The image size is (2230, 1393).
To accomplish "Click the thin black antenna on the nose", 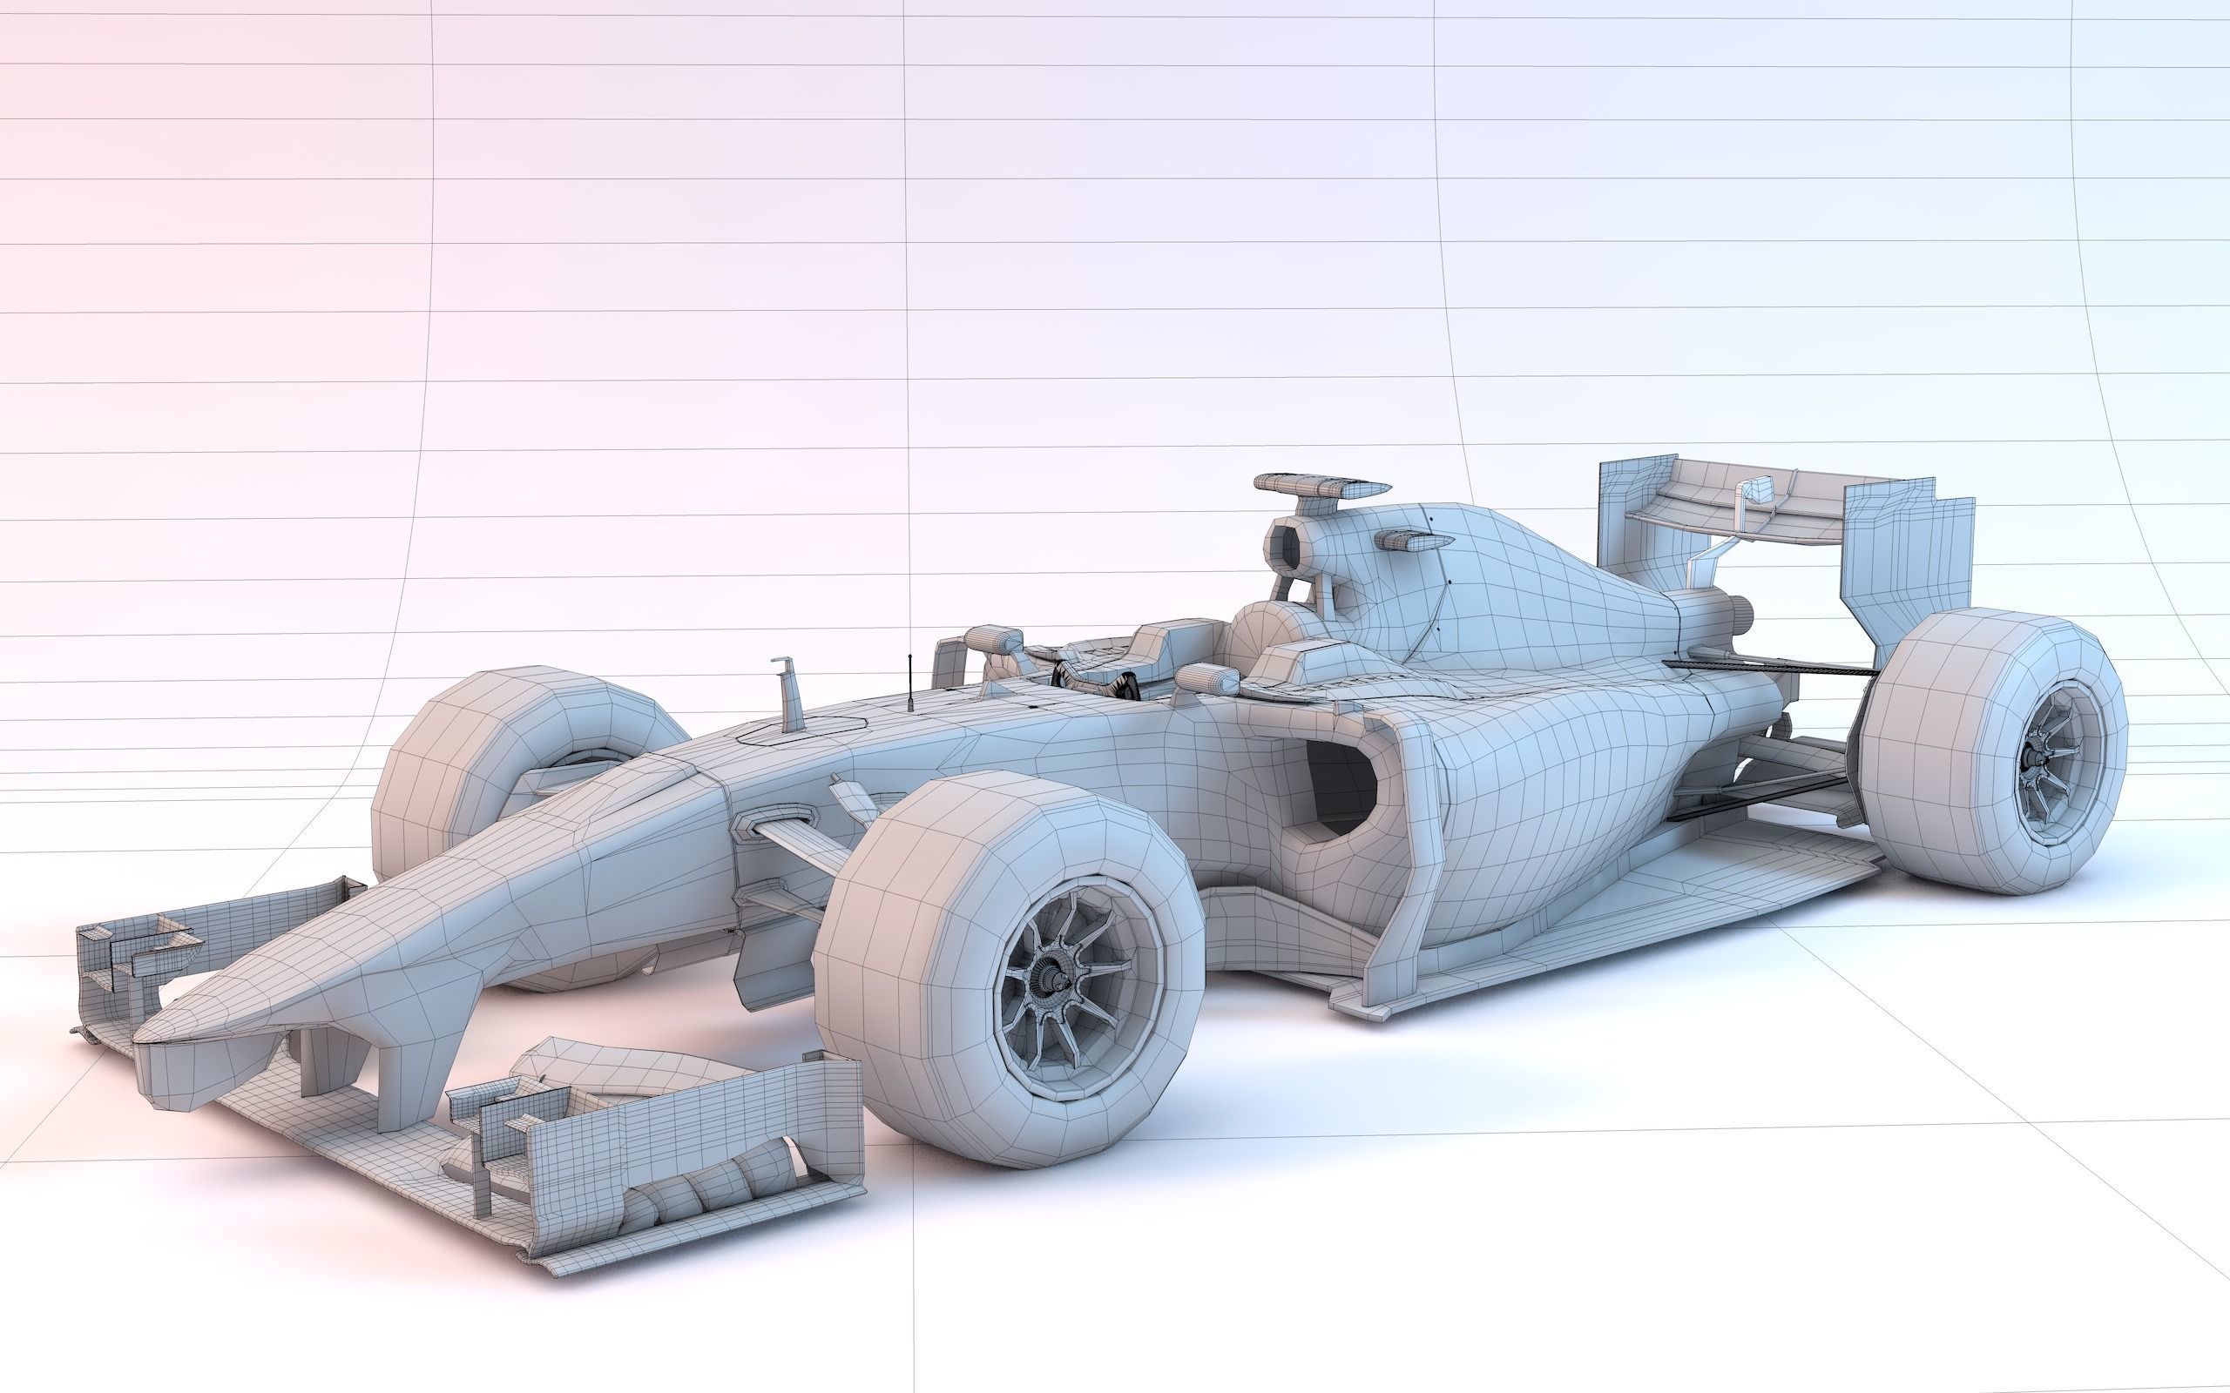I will (909, 682).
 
